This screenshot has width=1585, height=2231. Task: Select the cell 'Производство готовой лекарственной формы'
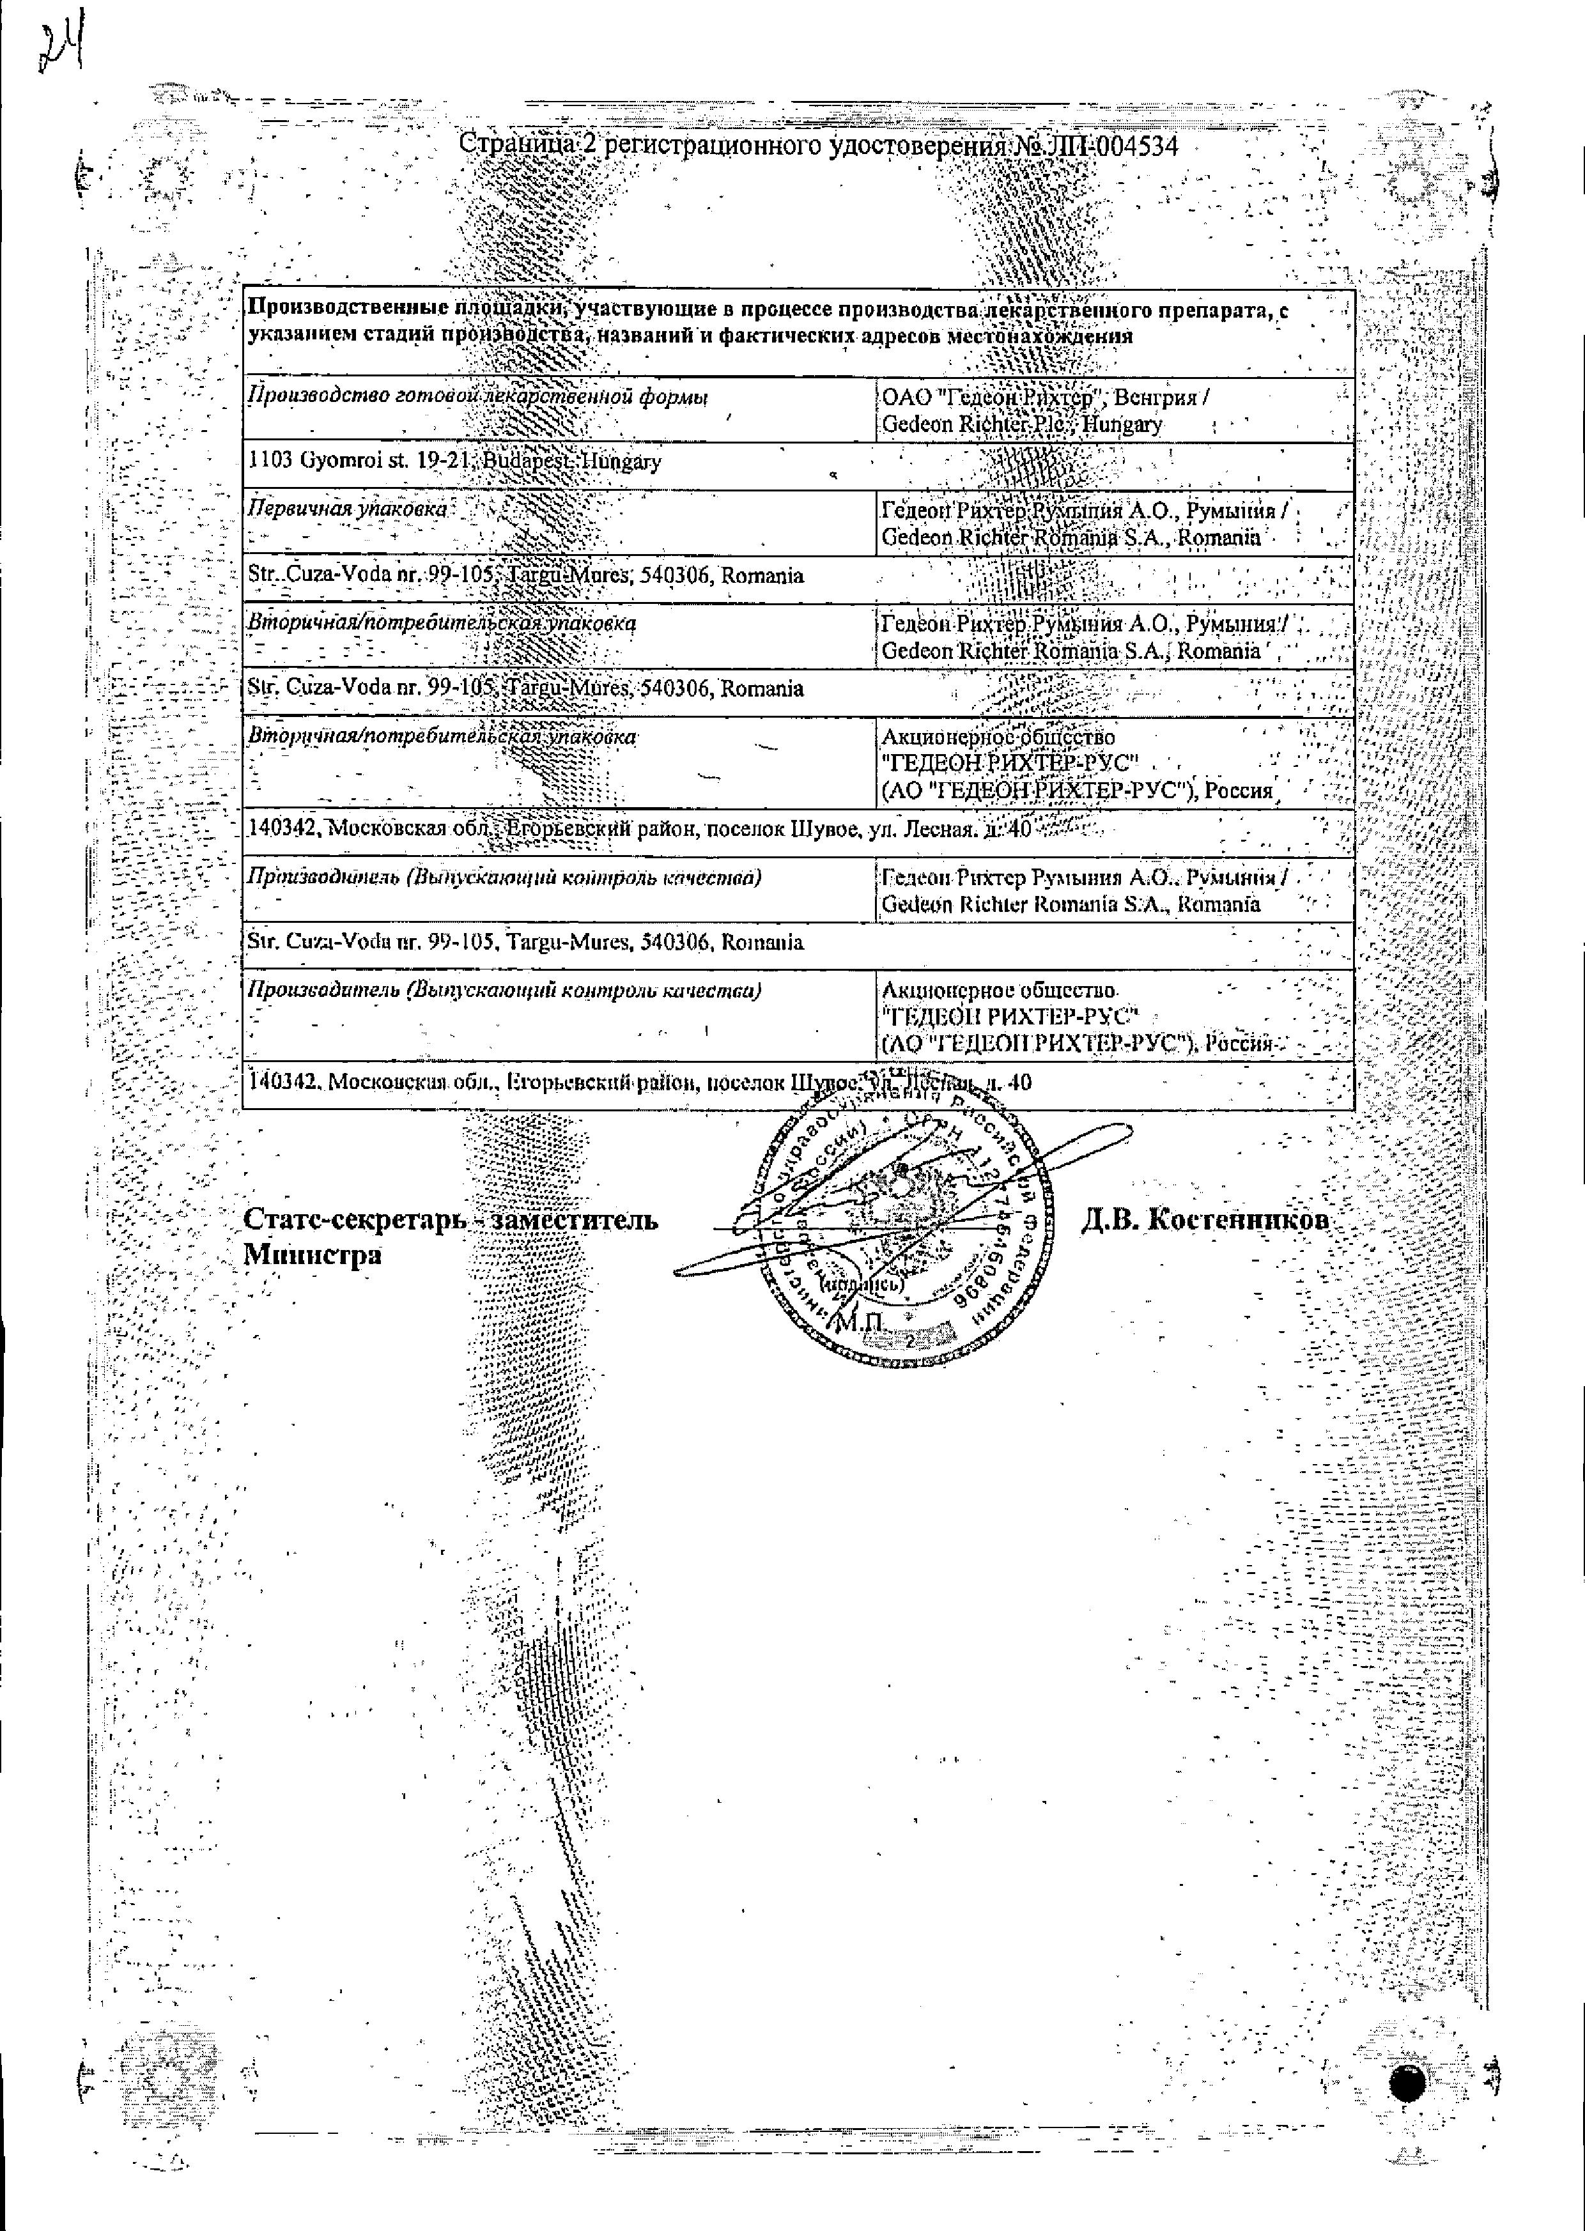click(x=477, y=398)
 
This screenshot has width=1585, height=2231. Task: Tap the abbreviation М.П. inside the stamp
click(x=859, y=1322)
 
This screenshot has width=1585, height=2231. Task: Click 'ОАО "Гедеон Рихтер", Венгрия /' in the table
click(x=1046, y=398)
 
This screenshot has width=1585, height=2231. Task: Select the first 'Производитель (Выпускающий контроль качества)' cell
click(x=504, y=877)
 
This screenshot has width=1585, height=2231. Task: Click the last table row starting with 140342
click(x=639, y=1083)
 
